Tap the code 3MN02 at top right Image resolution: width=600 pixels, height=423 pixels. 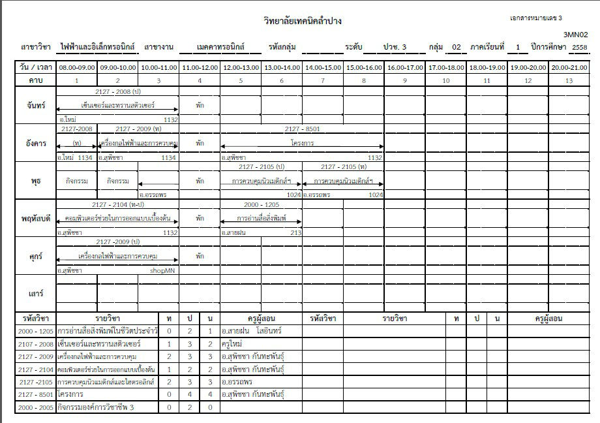click(576, 35)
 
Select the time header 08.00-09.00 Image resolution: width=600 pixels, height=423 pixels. click(76, 67)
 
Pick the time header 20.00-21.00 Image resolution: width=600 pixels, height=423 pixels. click(569, 67)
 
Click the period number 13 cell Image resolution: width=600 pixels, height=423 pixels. click(569, 80)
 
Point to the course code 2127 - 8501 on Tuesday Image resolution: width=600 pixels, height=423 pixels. click(302, 129)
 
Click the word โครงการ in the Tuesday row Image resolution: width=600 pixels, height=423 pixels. click(302, 143)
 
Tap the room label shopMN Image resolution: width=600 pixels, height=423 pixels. click(163, 270)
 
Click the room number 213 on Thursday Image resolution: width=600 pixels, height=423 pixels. click(296, 232)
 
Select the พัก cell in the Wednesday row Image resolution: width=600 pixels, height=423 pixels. click(200, 181)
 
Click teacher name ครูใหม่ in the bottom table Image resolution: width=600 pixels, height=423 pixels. click(233, 343)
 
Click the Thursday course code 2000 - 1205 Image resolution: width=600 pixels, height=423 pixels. click(261, 205)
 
